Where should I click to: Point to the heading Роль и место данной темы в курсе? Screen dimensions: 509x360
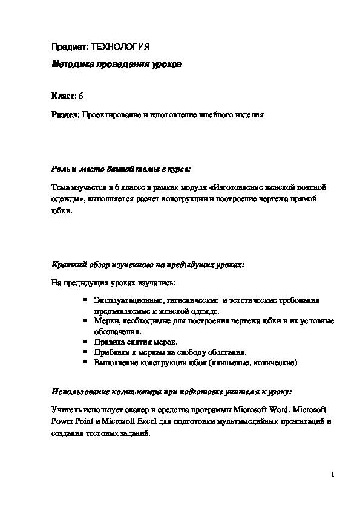coord(121,167)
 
